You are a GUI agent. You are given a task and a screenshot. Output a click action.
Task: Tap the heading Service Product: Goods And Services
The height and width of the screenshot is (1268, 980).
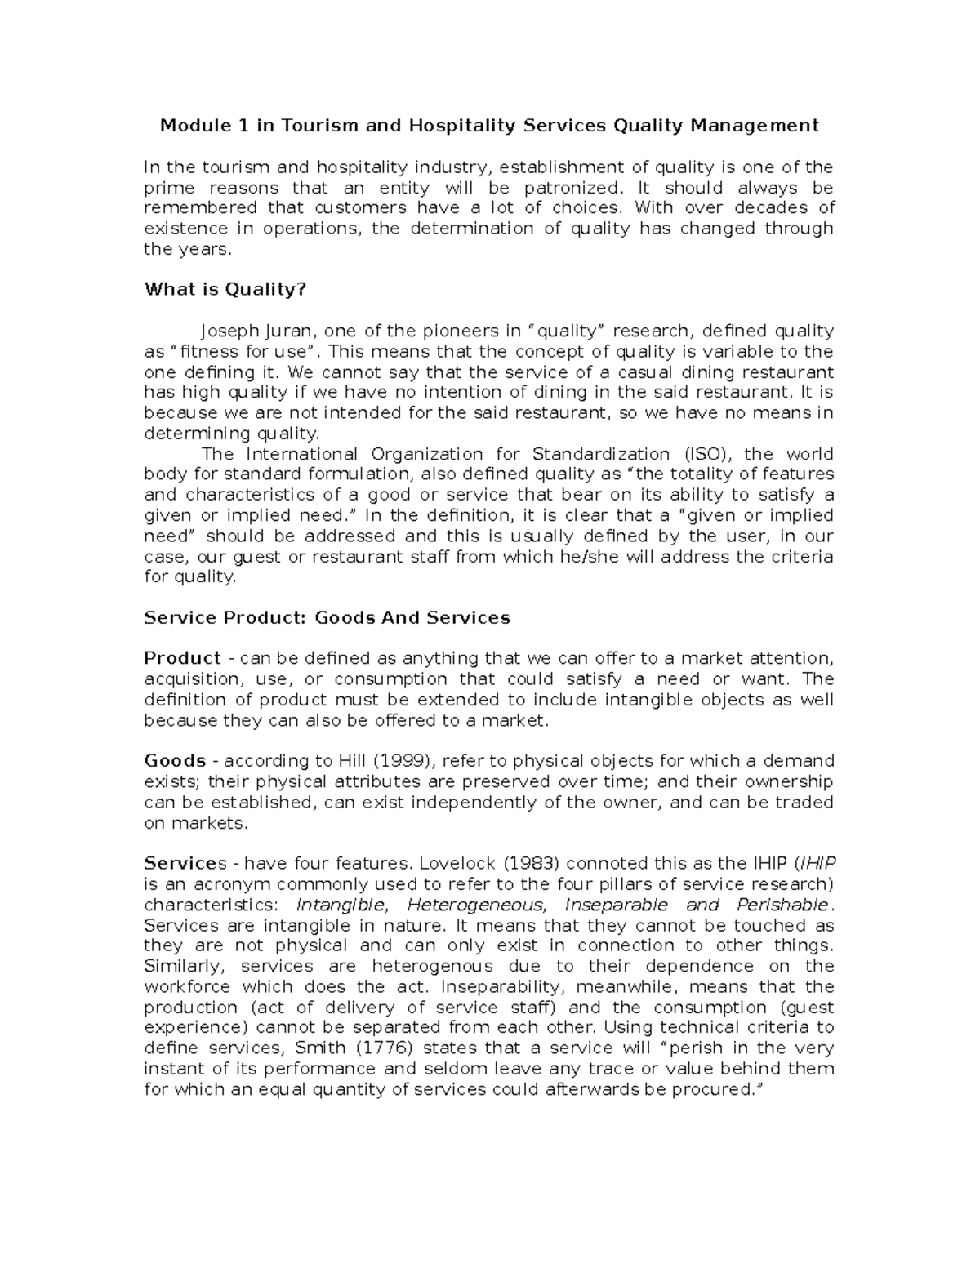(327, 617)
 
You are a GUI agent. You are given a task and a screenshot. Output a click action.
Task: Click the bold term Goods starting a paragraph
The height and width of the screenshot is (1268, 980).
(174, 761)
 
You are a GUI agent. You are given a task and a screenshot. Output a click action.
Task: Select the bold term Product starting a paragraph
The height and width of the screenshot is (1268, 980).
(182, 658)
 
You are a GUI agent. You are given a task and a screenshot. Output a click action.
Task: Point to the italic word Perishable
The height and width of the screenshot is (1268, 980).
(782, 905)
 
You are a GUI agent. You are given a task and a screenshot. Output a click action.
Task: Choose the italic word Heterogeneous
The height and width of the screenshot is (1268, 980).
(475, 905)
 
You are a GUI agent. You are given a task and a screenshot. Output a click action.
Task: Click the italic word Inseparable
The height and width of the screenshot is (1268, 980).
(616, 905)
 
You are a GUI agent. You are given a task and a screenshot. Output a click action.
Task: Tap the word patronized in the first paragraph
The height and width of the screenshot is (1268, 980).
(567, 188)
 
